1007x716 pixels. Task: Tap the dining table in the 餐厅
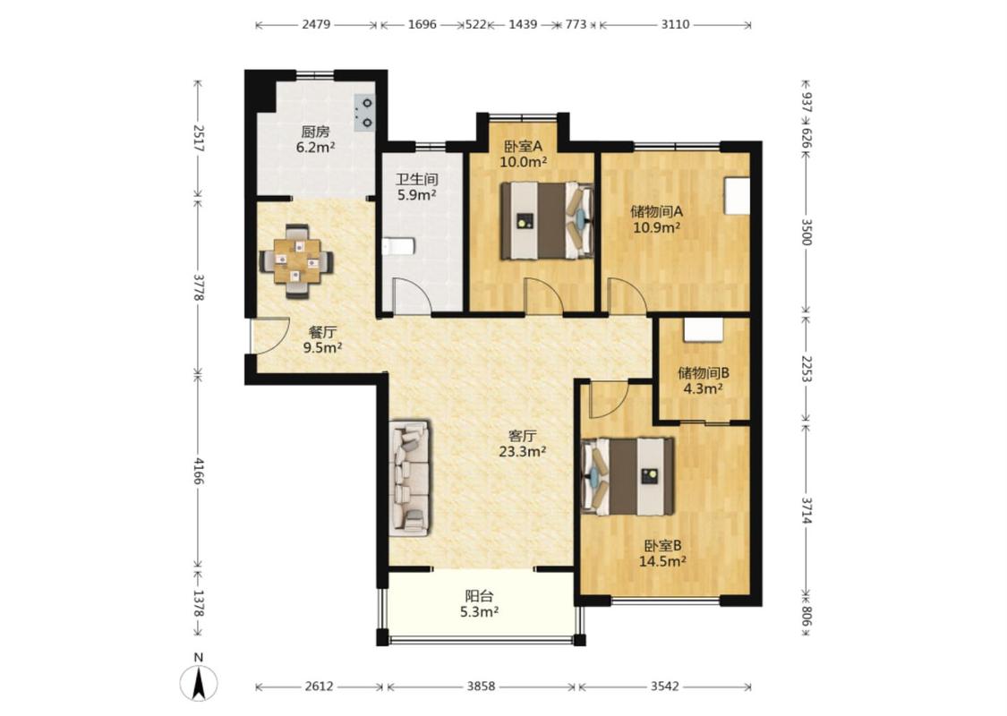(x=296, y=261)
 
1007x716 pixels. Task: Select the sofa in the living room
(x=410, y=478)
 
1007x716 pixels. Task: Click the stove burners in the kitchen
(x=364, y=113)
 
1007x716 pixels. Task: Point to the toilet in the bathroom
(x=397, y=246)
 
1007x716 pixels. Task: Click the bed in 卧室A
(x=547, y=220)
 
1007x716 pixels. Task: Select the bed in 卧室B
(x=627, y=476)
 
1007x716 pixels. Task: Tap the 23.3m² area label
(x=522, y=451)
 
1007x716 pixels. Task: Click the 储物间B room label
(x=704, y=372)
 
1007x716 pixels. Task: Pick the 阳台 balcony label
(x=479, y=596)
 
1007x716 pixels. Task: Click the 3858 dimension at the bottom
(x=481, y=686)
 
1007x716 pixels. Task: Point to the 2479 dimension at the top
(x=316, y=24)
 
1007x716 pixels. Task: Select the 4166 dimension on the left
(x=199, y=472)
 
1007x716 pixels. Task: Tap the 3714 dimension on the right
(x=806, y=510)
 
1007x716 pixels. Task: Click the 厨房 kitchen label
(x=315, y=132)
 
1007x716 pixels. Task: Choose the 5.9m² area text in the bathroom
(x=417, y=194)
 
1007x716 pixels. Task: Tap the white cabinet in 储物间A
(x=737, y=195)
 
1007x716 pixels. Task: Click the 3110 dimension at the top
(x=675, y=24)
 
